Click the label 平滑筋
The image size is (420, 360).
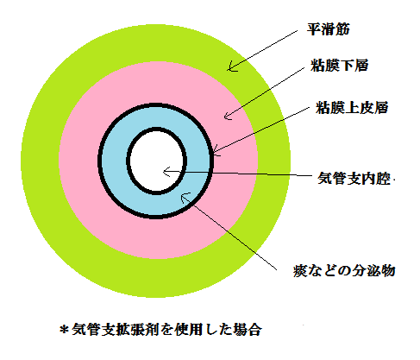328,29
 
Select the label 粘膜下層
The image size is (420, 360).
339,66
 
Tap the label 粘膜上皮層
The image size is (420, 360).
352,108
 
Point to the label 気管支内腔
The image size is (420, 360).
354,179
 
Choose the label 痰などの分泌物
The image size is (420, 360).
344,270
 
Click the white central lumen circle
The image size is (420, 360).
157,161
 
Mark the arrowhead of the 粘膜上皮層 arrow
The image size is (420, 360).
214,152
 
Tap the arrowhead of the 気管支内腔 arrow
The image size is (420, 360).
164,172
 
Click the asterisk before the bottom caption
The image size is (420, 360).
64,329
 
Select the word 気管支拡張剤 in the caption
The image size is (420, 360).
115,329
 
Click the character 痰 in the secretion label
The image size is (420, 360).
300,270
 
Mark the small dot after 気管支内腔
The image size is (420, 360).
393,180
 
